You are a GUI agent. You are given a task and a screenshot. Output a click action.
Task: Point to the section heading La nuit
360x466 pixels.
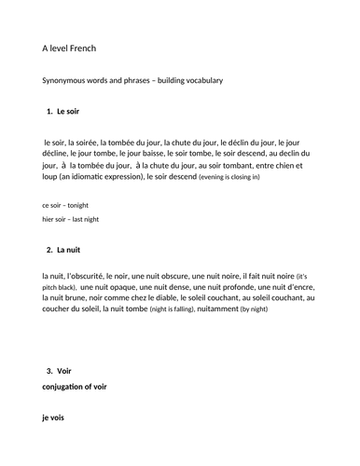click(70, 251)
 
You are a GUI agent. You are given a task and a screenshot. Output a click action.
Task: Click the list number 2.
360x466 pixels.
click(48, 251)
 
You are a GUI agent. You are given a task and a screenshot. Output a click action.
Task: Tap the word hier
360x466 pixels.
click(50, 218)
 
